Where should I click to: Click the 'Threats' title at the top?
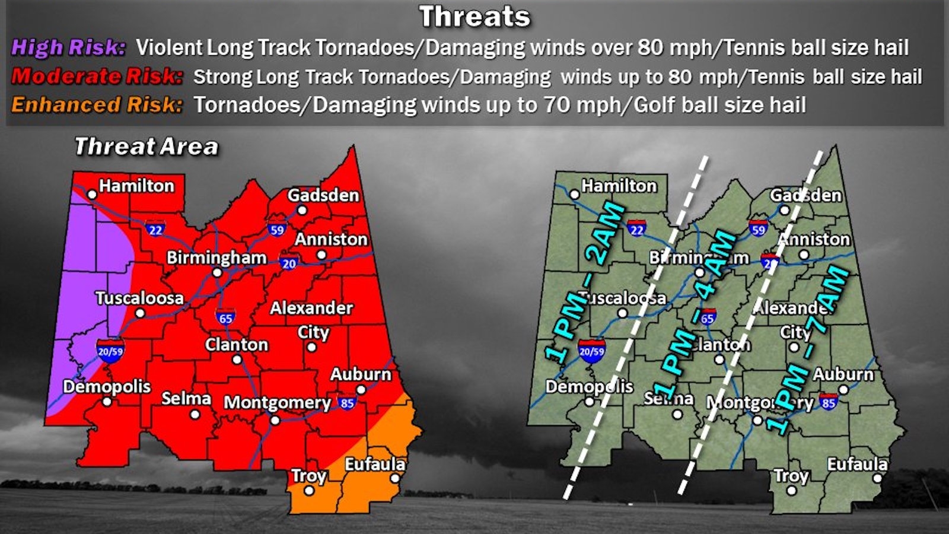pyautogui.click(x=474, y=17)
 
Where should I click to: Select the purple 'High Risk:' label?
pyautogui.click(x=68, y=47)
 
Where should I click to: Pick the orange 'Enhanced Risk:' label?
pyautogui.click(x=96, y=105)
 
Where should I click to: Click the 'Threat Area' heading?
pyautogui.click(x=146, y=147)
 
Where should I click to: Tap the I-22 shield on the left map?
pyautogui.click(x=155, y=228)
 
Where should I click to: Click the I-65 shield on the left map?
pyautogui.click(x=225, y=317)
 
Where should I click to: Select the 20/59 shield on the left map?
pyautogui.click(x=111, y=350)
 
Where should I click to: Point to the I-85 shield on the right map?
pyautogui.click(x=829, y=402)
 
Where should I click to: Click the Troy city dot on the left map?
pyautogui.click(x=309, y=491)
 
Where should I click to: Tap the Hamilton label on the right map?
pyautogui.click(x=619, y=186)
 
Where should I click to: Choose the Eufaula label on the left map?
pyautogui.click(x=375, y=464)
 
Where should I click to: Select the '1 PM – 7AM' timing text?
pyautogui.click(x=808, y=350)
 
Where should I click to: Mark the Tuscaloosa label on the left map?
pyautogui.click(x=140, y=298)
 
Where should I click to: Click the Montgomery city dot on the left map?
pyautogui.click(x=275, y=421)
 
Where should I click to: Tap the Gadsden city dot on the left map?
pyautogui.click(x=302, y=210)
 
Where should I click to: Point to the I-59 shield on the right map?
pyautogui.click(x=758, y=228)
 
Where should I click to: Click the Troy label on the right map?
pyautogui.click(x=791, y=476)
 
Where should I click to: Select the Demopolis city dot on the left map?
pyautogui.click(x=107, y=402)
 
